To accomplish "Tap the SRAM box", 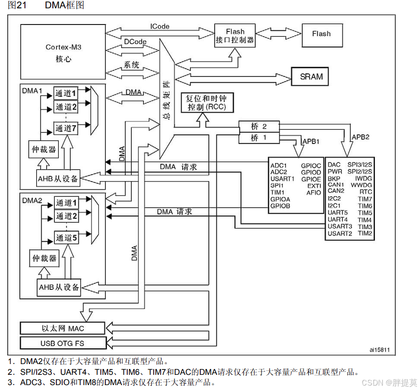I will (311, 77).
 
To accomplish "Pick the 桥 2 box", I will (258, 127).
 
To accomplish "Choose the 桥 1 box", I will (258, 138).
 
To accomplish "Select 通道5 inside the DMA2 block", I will (66, 238).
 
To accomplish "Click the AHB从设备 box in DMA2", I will (59, 287).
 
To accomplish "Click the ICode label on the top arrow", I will (160, 26).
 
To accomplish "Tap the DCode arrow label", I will (135, 42).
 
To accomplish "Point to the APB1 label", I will (311, 141).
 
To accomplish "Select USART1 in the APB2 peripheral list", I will (282, 179).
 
